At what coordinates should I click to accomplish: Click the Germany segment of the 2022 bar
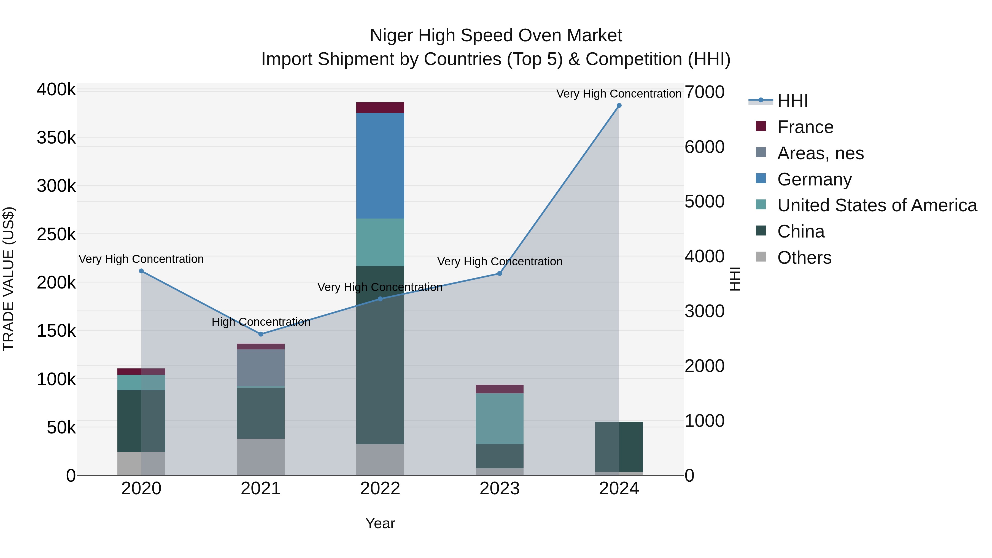pos(380,166)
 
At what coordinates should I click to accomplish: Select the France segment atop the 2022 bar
pos(380,107)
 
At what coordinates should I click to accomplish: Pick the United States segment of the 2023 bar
pos(500,419)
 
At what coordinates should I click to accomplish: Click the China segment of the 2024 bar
pos(619,447)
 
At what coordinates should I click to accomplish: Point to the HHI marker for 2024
pos(619,106)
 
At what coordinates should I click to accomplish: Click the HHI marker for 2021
pos(261,334)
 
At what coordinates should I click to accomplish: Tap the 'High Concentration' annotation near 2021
pos(261,322)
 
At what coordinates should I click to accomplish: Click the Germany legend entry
pos(814,179)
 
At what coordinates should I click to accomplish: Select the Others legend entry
pos(804,258)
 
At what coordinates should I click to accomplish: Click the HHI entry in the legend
pos(792,101)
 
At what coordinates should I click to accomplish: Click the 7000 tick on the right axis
pos(704,92)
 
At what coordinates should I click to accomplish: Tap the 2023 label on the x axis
pos(500,489)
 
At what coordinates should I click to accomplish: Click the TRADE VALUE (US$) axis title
pos(9,279)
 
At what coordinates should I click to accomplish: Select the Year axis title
pos(380,523)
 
